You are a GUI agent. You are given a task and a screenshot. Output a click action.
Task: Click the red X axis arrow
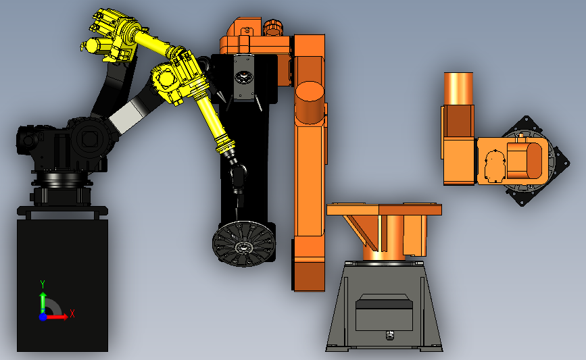pyautogui.click(x=56, y=317)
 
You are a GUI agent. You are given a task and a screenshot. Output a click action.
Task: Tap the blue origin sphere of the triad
pyautogui.click(x=43, y=317)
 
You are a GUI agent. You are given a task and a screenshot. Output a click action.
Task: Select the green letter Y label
pyautogui.click(x=43, y=285)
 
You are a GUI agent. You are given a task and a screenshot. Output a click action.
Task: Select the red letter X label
pyautogui.click(x=72, y=313)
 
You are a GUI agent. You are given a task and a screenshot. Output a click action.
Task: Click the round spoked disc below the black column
pyautogui.click(x=244, y=243)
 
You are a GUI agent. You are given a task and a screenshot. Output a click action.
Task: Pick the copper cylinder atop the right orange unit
pyautogui.click(x=458, y=88)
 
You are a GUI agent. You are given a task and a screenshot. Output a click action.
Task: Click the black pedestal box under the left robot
pyautogui.click(x=62, y=285)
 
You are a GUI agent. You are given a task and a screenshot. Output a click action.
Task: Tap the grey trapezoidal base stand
pyautogui.click(x=384, y=306)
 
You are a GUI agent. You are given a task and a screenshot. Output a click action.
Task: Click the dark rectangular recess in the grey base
pyautogui.click(x=384, y=312)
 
